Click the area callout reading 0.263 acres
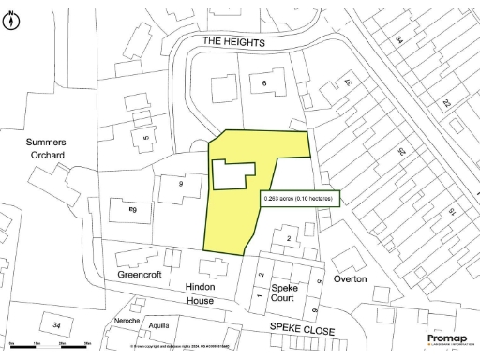298,199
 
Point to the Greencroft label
140,277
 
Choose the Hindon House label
200,292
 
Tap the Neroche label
127,321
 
